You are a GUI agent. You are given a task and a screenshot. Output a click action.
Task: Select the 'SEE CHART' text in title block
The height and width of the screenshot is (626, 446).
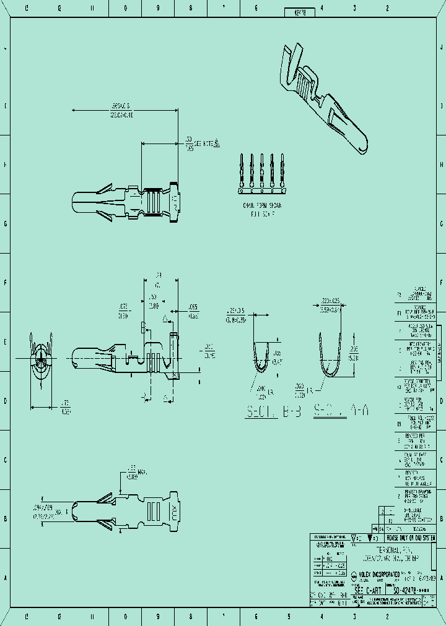pyautogui.click(x=367, y=591)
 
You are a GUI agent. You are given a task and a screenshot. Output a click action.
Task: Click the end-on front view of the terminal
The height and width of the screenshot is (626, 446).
pyautogui.click(x=41, y=358)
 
